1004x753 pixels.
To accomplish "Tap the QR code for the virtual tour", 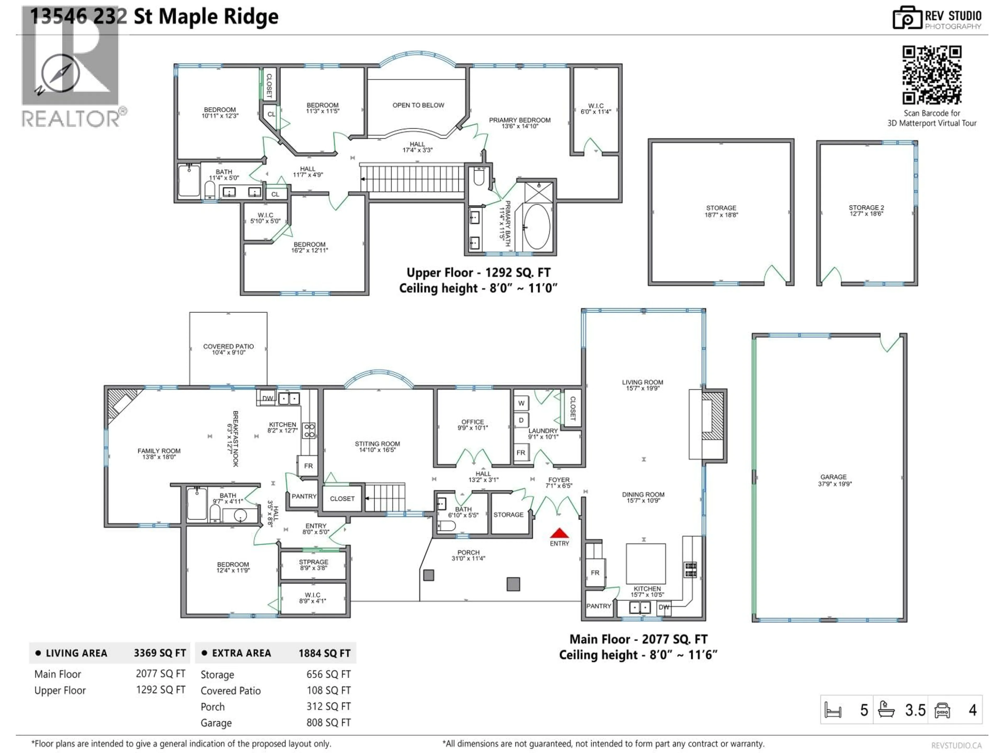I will [931, 75].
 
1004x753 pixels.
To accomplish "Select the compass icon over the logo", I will [60, 73].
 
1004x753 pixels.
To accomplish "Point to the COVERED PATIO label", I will [228, 349].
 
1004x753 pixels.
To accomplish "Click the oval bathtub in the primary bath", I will [537, 226].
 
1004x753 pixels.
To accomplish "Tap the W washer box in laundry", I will [521, 403].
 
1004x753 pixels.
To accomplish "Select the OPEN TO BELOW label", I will [418, 105].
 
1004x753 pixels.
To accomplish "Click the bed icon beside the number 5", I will [833, 710].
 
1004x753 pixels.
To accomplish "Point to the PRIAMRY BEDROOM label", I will [520, 123].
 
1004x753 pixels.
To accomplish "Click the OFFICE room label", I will [472, 424].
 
